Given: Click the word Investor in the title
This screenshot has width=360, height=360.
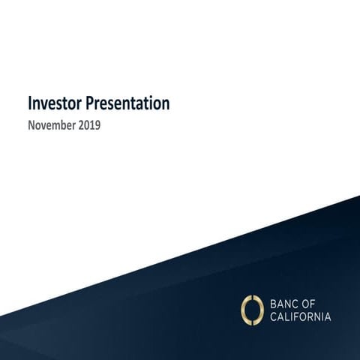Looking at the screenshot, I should (53, 102).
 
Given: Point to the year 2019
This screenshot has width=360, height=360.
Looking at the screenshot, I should (88, 124).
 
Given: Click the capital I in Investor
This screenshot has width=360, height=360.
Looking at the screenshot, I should (29, 102).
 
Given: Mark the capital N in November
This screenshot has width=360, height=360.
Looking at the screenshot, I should (31, 124).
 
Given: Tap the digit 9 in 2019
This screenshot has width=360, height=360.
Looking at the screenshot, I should (97, 124).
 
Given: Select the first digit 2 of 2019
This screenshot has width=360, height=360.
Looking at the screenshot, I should (79, 124).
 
